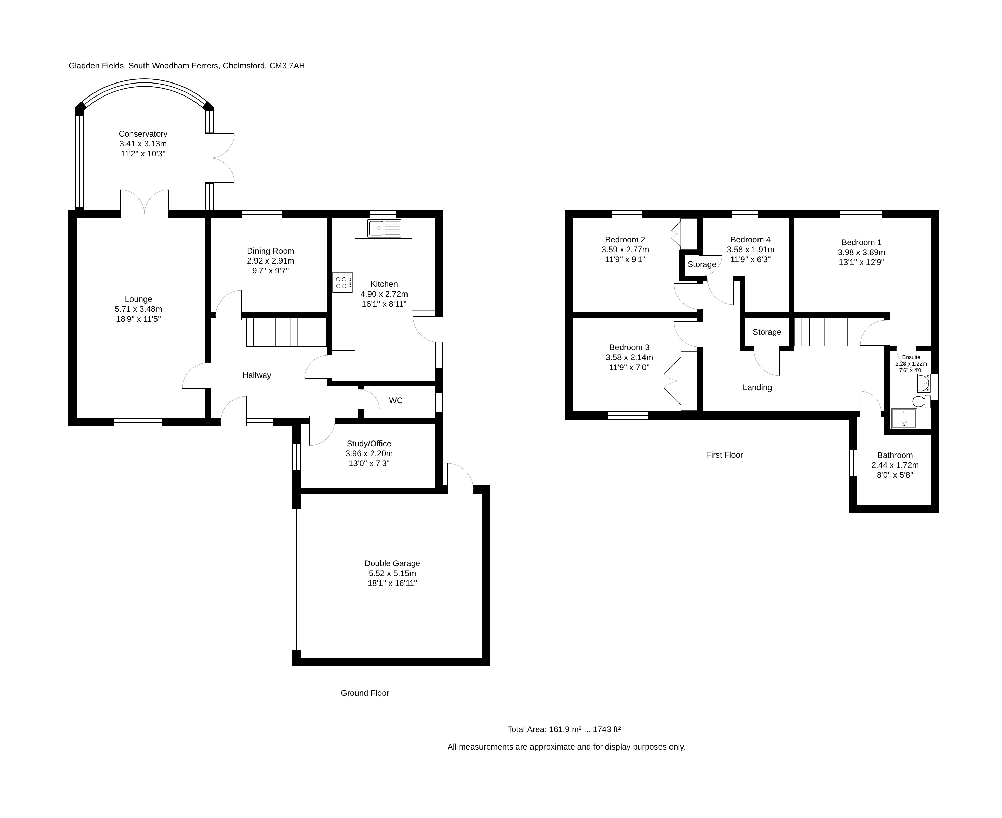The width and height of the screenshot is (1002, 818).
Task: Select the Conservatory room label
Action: click(143, 134)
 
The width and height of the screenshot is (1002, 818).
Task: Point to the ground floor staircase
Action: click(272, 332)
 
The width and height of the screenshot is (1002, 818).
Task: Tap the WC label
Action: click(396, 400)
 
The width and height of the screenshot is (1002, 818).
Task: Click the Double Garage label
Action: click(392, 563)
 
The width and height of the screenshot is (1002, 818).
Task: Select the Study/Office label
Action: click(369, 444)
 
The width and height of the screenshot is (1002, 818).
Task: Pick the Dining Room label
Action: click(270, 251)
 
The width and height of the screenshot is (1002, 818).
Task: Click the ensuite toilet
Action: click(921, 401)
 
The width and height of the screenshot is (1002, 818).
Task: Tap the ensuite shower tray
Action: click(904, 419)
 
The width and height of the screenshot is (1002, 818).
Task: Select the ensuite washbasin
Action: click(924, 384)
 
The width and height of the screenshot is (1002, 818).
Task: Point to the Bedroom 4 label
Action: click(750, 239)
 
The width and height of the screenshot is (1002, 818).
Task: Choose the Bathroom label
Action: click(894, 455)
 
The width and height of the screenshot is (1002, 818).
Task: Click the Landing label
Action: click(757, 387)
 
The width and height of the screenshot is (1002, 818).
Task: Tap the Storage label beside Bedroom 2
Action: click(702, 264)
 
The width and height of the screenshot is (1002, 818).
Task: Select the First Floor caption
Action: click(724, 455)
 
